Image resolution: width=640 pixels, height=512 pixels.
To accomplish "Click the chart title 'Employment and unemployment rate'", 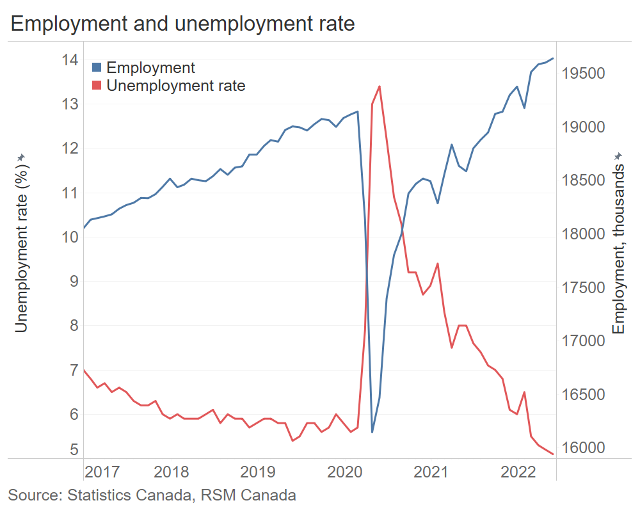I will point(182,24).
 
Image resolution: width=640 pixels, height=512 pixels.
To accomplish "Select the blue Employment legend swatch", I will point(97,67).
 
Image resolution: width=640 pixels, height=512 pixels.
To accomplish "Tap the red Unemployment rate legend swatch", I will point(97,85).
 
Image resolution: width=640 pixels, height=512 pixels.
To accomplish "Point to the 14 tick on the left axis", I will point(70,60).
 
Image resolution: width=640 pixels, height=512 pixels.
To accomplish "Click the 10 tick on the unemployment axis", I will point(70,237).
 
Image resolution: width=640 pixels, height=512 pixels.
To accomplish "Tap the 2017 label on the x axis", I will point(102,473).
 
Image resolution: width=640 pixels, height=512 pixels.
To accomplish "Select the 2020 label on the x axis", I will point(344,473).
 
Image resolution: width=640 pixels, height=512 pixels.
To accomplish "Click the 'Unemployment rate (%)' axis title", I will point(21,243).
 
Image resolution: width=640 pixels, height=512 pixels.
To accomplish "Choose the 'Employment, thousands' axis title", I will point(618,243).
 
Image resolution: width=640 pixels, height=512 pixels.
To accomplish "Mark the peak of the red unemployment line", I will point(380,86).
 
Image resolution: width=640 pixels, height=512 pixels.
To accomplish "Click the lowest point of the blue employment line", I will point(372,432).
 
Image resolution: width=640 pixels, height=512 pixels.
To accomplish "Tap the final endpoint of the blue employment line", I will point(553,58).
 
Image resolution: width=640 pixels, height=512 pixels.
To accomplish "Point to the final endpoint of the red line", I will point(553,454).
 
